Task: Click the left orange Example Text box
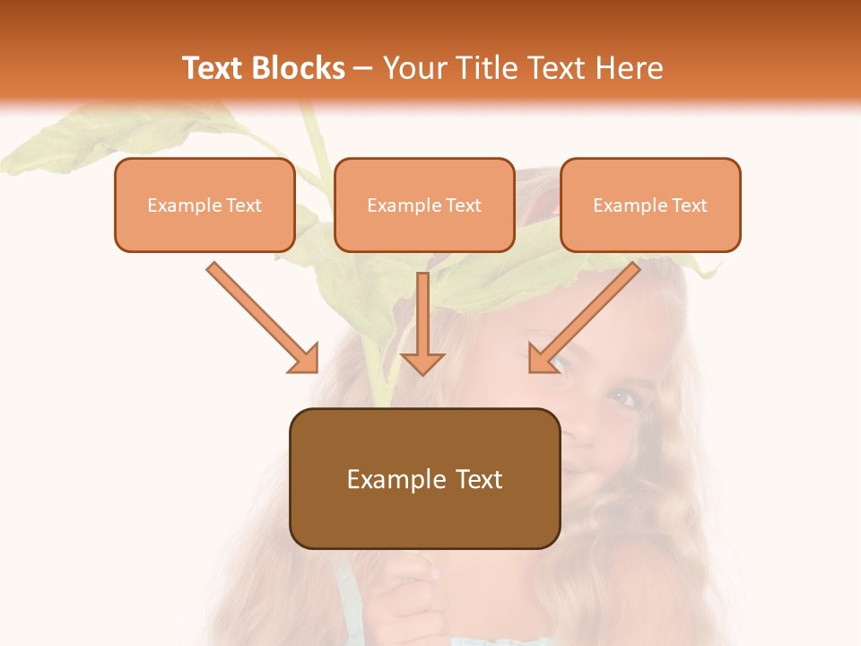click(x=204, y=205)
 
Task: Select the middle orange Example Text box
click(x=424, y=205)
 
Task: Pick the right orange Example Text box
click(x=650, y=205)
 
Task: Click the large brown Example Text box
click(x=424, y=479)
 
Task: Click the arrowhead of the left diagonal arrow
click(x=305, y=359)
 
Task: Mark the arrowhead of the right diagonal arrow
click(x=543, y=358)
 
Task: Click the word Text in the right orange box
click(x=689, y=205)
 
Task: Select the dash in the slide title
click(x=363, y=68)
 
